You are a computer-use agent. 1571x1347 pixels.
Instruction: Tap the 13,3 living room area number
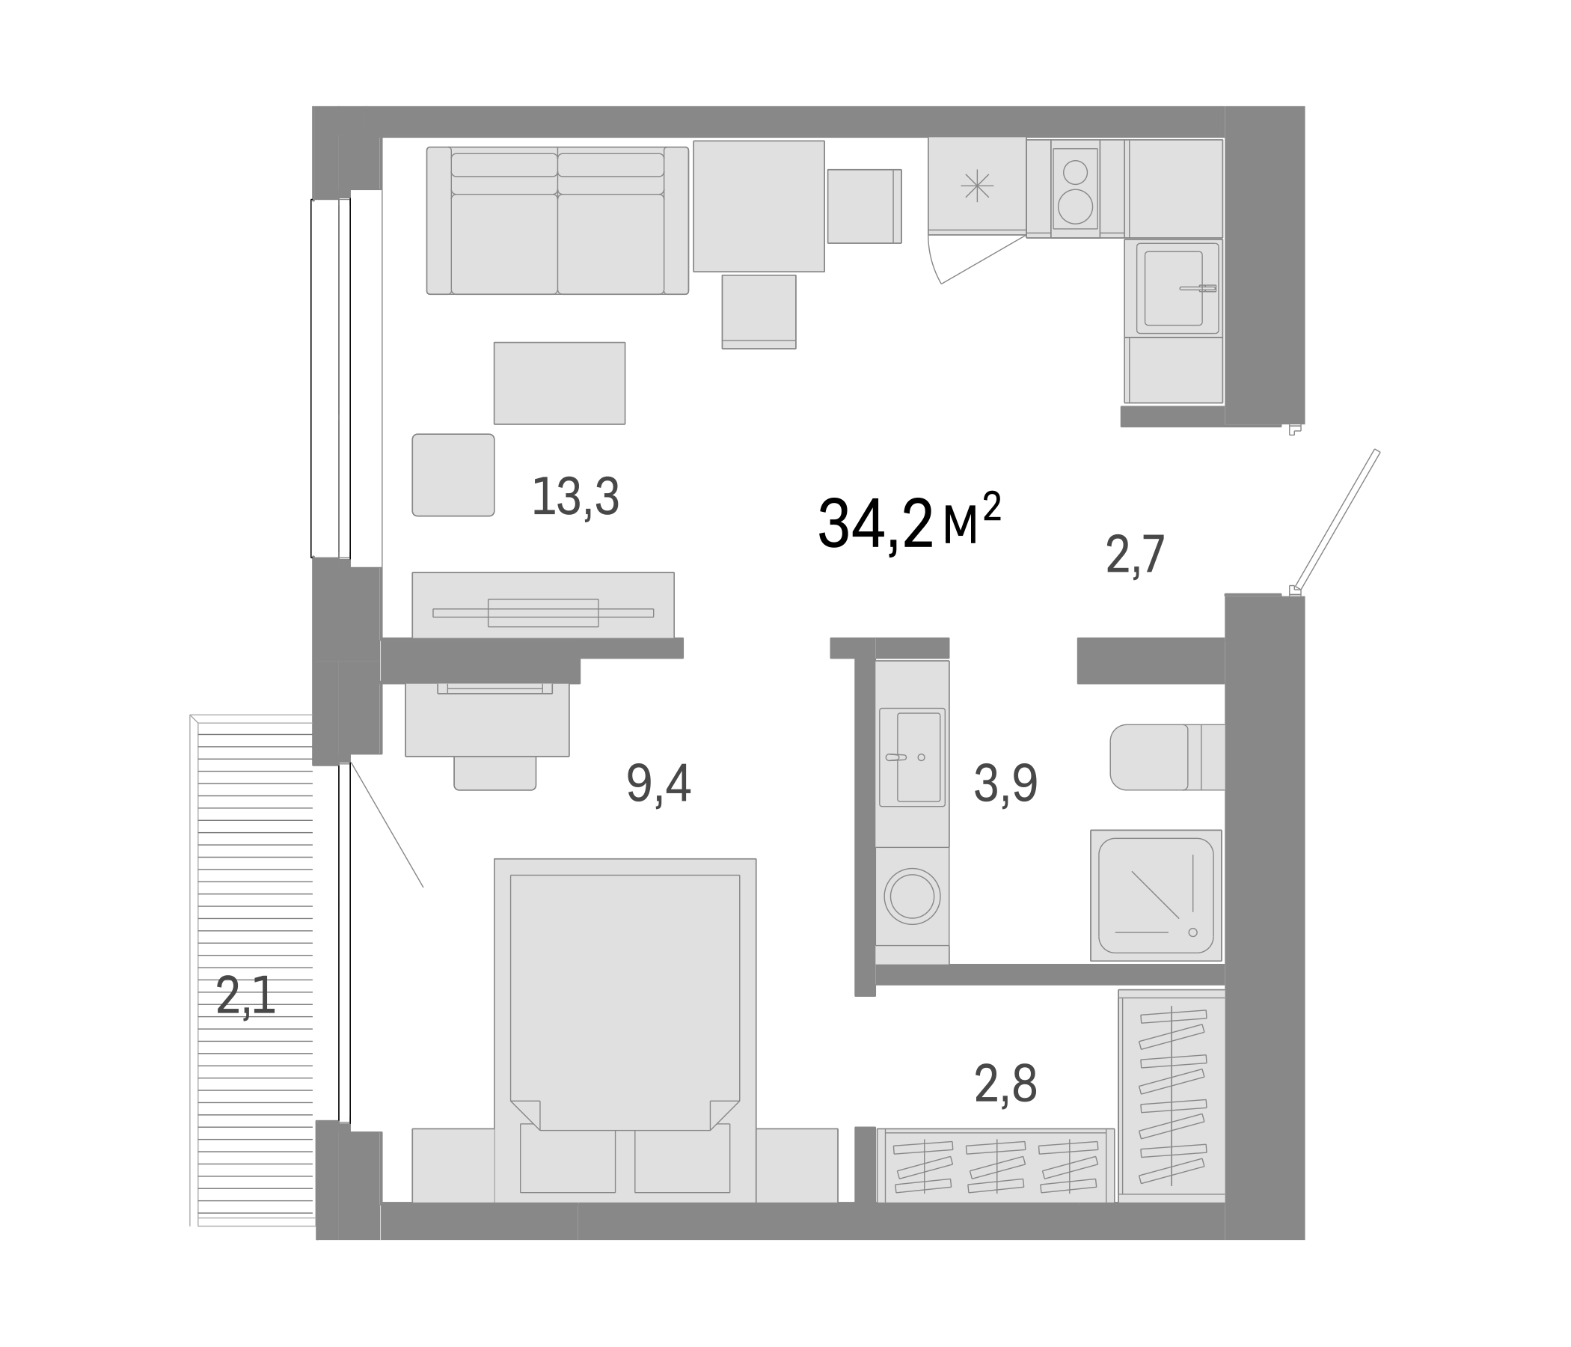pyautogui.click(x=575, y=498)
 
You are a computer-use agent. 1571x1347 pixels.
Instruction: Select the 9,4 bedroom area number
pyautogui.click(x=658, y=784)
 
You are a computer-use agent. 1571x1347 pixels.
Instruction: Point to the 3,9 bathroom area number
pyautogui.click(x=1005, y=784)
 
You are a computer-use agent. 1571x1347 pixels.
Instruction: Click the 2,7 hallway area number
pyautogui.click(x=1134, y=555)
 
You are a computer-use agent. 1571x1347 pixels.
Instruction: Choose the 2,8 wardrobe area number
pyautogui.click(x=1005, y=1084)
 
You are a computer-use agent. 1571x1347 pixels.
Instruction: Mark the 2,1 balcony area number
pyautogui.click(x=245, y=996)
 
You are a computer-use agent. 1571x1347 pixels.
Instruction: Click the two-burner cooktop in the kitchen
pyautogui.click(x=1074, y=189)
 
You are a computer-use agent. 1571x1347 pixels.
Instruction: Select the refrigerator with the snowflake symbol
pyautogui.click(x=976, y=184)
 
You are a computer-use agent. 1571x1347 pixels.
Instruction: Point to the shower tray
pyautogui.click(x=1155, y=895)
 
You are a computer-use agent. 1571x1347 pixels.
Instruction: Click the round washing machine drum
pyautogui.click(x=911, y=896)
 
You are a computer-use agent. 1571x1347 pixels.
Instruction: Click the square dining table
pyautogui.click(x=759, y=206)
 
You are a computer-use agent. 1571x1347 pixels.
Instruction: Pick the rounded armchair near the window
pyautogui.click(x=453, y=474)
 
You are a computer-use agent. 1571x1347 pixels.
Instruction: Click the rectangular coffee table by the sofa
pyautogui.click(x=560, y=383)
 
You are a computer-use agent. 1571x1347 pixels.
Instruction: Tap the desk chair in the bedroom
pyautogui.click(x=494, y=772)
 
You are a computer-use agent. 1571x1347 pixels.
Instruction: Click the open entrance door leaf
pyautogui.click(x=1336, y=519)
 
